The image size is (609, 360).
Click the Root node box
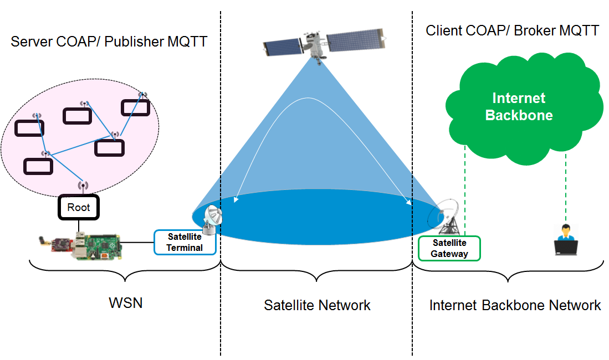point(78,208)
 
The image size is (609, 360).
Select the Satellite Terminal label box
point(185,243)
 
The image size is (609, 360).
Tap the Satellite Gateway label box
point(449,248)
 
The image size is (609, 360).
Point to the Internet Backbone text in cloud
point(519,107)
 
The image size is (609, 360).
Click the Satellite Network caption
point(317,305)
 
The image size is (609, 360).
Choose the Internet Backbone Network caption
point(515,305)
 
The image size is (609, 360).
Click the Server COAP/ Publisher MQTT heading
point(109,42)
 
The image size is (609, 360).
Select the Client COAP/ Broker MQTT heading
point(512,30)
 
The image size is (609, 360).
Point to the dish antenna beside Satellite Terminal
point(212,218)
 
